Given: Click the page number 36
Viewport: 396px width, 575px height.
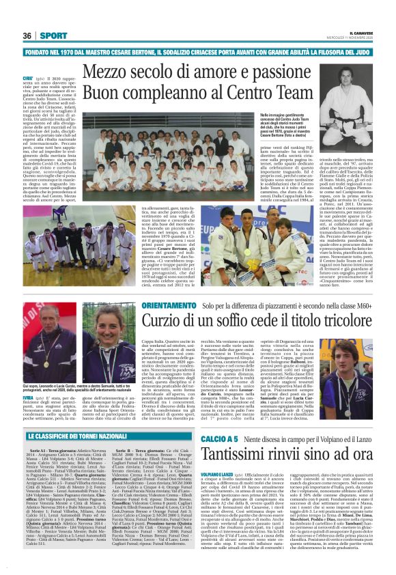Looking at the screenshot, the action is [27, 36].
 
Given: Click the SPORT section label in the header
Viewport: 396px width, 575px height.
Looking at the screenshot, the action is [48, 36].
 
